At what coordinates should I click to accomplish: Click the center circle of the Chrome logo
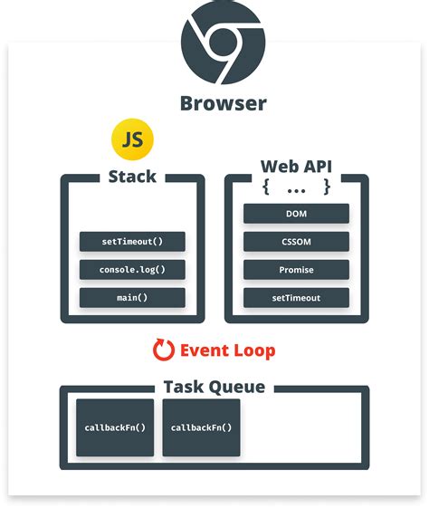223,42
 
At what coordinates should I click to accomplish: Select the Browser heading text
223,103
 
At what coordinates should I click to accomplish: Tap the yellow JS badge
132,139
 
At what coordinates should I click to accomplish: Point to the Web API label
296,167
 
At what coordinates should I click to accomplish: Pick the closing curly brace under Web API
326,187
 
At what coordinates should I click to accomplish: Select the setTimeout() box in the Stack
132,242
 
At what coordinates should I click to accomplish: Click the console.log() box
132,270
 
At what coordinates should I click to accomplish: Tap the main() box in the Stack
132,298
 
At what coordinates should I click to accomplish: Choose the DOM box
296,214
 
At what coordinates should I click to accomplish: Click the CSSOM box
296,242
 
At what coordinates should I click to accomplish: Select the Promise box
296,270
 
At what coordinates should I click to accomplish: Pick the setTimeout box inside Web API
296,298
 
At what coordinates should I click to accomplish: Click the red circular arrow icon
164,350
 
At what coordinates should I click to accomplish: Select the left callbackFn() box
115,427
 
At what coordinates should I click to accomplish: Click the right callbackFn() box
202,427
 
